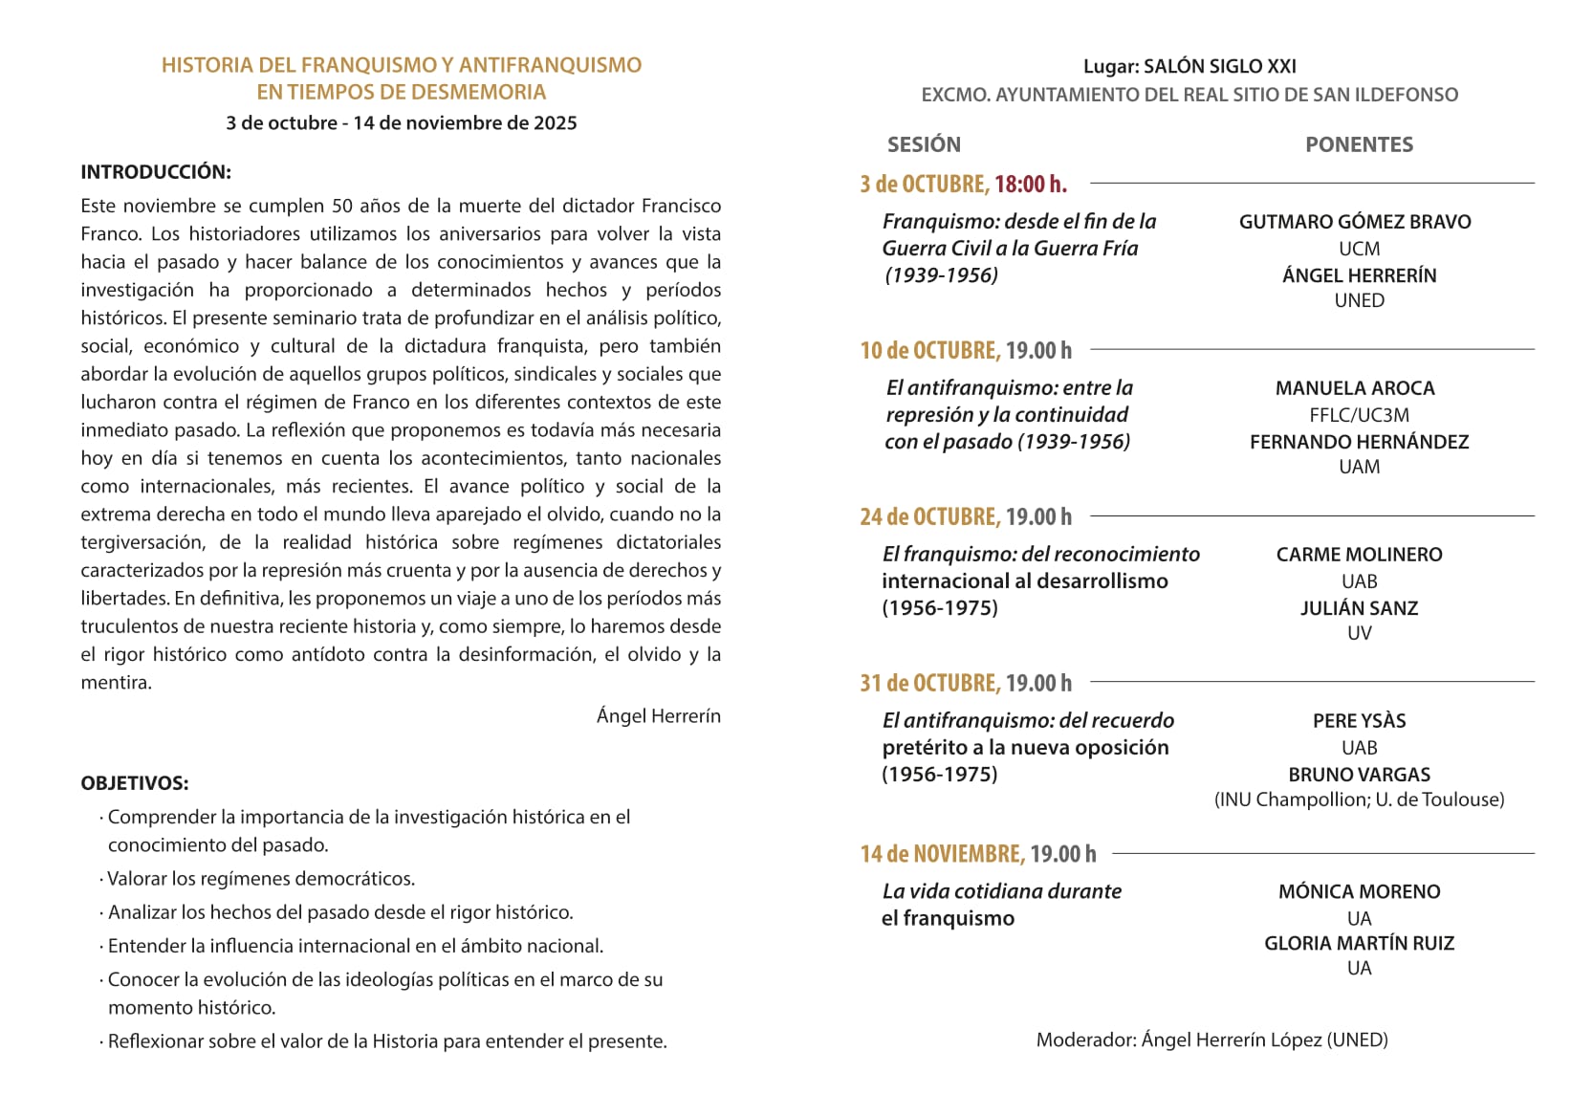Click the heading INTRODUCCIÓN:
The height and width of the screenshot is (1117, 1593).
tap(156, 172)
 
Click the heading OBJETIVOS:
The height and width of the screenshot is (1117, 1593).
tap(135, 783)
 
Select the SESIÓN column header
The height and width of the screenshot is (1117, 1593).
tap(924, 144)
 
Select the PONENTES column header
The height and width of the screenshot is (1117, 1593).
tap(1359, 144)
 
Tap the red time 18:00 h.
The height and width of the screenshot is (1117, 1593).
tap(1030, 184)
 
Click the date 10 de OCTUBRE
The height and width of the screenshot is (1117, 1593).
tap(929, 350)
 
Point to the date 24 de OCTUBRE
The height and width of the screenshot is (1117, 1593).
tap(929, 516)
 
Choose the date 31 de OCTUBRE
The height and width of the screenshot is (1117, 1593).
tap(929, 683)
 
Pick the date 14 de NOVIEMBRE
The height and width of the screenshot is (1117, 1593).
tap(942, 853)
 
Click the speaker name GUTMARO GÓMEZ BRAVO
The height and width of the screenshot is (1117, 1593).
tap(1355, 222)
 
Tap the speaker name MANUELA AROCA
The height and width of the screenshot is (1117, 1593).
tap(1355, 388)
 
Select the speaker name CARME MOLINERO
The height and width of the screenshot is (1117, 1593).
tap(1359, 555)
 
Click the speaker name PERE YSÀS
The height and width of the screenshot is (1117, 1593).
tap(1359, 721)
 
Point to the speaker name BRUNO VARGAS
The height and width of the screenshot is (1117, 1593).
tap(1359, 775)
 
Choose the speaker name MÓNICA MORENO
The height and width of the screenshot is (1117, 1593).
tap(1359, 891)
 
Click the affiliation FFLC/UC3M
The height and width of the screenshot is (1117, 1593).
tap(1359, 415)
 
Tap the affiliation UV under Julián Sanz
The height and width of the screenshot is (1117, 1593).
tap(1359, 633)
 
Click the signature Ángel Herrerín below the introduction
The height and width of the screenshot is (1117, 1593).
tap(658, 715)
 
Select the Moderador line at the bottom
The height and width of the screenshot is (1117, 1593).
tap(1211, 1040)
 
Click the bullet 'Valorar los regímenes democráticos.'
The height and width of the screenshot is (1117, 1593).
tap(261, 879)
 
